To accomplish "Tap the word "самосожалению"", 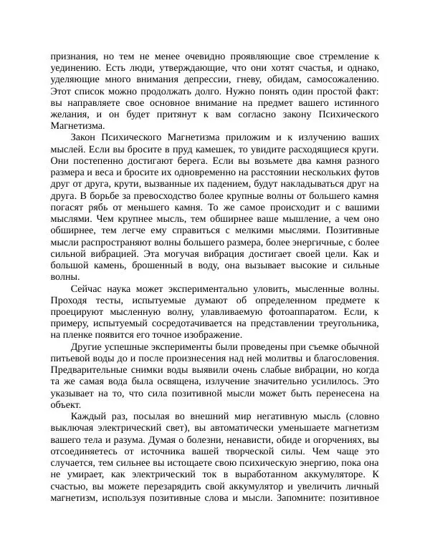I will tap(340, 80).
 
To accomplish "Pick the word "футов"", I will tap(363, 174).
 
